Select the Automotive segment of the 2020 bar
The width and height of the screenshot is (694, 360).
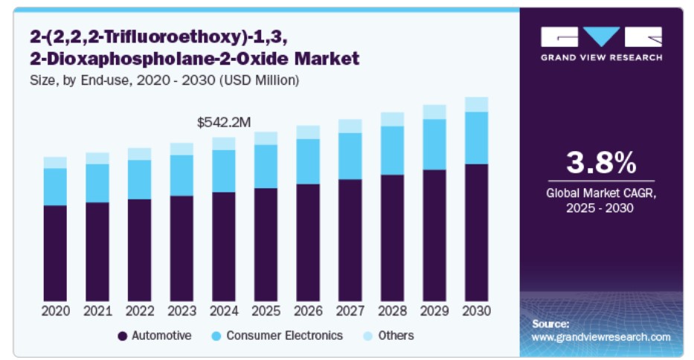(55, 253)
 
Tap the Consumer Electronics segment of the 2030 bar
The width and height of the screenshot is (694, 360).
(476, 138)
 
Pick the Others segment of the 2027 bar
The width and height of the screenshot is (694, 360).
(350, 126)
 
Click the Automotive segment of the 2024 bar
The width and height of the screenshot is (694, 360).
(223, 245)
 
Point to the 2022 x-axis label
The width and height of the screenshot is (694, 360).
(139, 310)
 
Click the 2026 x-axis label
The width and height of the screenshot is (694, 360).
(308, 310)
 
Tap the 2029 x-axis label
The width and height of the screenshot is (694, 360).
(434, 310)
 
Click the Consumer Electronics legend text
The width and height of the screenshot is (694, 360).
(285, 335)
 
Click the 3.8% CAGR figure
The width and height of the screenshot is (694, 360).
(601, 161)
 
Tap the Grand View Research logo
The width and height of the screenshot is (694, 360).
(601, 43)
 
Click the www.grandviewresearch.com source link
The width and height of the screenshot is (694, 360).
(601, 337)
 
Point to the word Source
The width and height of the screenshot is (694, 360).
(550, 324)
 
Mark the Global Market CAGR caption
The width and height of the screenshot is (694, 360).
(601, 201)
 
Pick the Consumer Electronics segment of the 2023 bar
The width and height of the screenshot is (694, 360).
(181, 175)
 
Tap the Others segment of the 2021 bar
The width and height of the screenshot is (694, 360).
(97, 158)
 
